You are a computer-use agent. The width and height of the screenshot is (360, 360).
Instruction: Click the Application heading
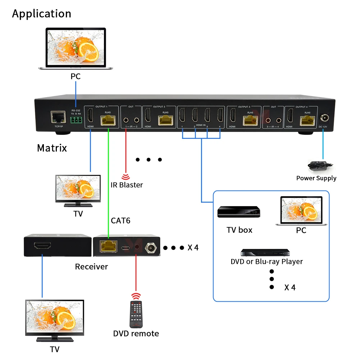click(x=41, y=14)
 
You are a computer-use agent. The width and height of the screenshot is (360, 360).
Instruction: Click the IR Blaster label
click(x=126, y=185)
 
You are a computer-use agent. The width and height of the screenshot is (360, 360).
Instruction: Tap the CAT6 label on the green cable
click(x=120, y=220)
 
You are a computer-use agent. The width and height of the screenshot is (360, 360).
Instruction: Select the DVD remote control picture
click(x=136, y=313)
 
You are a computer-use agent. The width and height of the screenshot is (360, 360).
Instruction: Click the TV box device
click(x=238, y=212)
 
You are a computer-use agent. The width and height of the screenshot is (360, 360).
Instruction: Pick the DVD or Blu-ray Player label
click(x=266, y=261)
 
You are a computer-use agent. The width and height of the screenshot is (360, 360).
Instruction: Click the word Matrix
click(x=52, y=148)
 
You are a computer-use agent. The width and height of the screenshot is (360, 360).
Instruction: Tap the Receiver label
click(x=91, y=266)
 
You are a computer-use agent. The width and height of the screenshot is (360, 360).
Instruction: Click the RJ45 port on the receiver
click(x=109, y=246)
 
